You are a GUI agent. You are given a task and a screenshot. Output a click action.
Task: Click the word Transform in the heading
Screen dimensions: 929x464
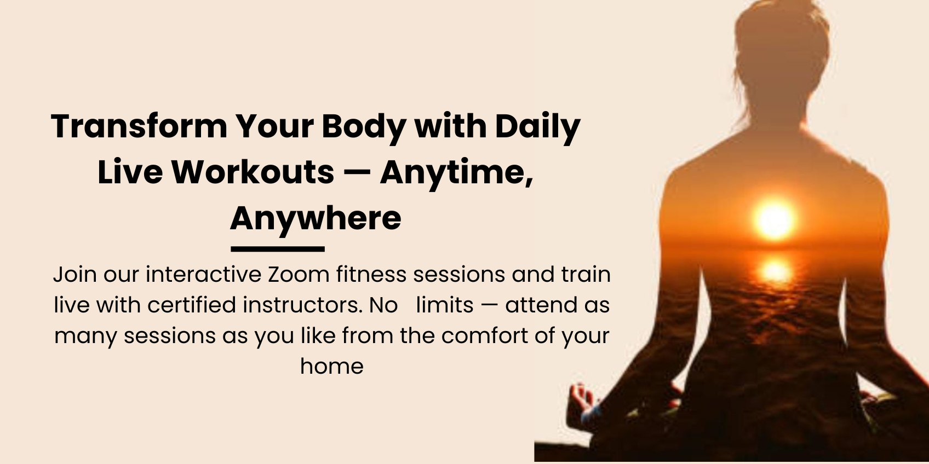[139, 126]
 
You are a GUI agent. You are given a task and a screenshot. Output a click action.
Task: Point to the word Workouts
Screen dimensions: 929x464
[254, 172]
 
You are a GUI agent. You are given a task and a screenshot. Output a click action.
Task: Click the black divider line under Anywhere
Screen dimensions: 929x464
[278, 249]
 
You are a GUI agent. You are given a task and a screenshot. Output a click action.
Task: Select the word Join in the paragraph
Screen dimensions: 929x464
[74, 275]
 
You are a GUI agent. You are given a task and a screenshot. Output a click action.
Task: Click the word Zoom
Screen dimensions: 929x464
[299, 275]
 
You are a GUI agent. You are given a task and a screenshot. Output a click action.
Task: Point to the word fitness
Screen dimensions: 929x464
[371, 274]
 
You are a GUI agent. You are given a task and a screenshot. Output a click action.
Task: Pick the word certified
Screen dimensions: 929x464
[192, 305]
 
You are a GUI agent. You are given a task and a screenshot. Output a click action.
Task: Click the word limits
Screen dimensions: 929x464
[445, 305]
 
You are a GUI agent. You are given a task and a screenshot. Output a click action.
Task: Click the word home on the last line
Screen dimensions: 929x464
[332, 366]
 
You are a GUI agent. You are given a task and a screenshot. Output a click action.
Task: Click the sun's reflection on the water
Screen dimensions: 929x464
[774, 270]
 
